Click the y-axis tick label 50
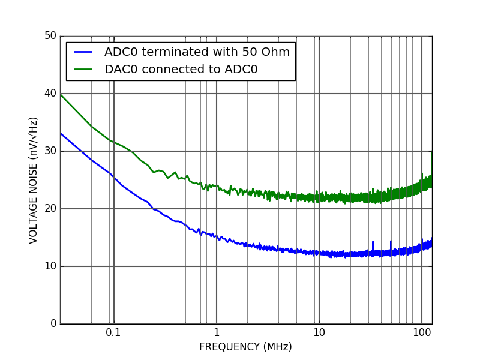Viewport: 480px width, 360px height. [50, 36]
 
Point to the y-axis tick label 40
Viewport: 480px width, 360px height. [50, 94]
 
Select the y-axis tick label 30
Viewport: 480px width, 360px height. [50, 151]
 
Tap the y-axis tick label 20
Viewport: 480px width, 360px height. [50, 209]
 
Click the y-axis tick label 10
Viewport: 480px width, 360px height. [50, 266]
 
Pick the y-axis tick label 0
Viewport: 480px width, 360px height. [53, 324]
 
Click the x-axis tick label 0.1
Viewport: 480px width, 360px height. [113, 333]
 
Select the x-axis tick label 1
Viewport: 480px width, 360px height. [217, 333]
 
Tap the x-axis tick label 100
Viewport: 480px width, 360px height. [422, 333]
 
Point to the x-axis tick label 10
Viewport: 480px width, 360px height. [319, 333]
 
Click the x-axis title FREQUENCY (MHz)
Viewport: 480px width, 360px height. [245, 347]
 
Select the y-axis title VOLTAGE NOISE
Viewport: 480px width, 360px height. [34, 180]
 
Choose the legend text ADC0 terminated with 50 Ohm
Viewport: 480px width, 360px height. [197, 52]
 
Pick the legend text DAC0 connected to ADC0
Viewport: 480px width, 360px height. [181, 70]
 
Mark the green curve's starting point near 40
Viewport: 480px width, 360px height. [61, 94]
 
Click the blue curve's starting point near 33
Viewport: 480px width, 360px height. [61, 133]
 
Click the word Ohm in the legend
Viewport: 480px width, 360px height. [277, 52]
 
